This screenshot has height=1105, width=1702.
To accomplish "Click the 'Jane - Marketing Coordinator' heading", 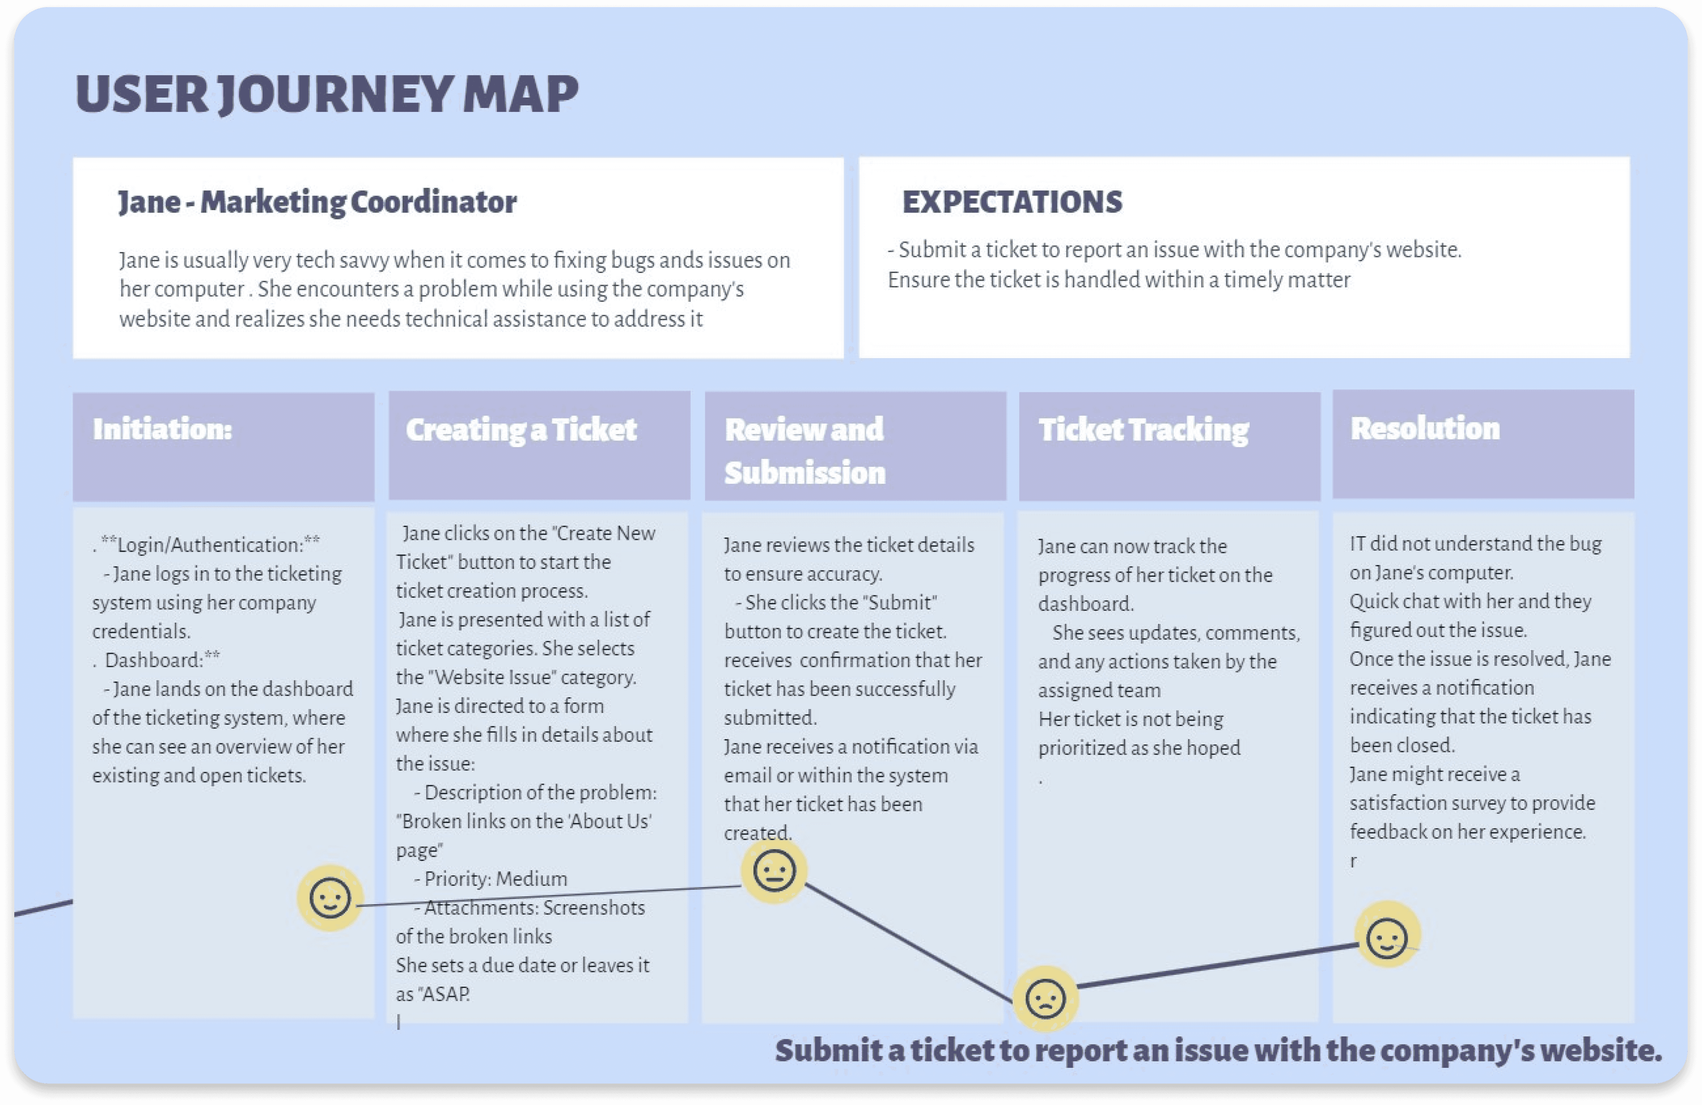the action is [317, 202].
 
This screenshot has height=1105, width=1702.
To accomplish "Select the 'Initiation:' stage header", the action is [162, 429].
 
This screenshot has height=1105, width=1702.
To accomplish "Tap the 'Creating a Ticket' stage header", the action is [521, 430].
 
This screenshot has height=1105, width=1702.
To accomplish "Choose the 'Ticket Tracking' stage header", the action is [1144, 430].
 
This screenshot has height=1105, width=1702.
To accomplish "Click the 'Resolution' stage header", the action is [1424, 428].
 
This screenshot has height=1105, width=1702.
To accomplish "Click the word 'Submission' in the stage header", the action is [805, 473].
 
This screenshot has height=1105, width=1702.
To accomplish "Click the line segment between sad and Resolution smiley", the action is [1216, 966].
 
